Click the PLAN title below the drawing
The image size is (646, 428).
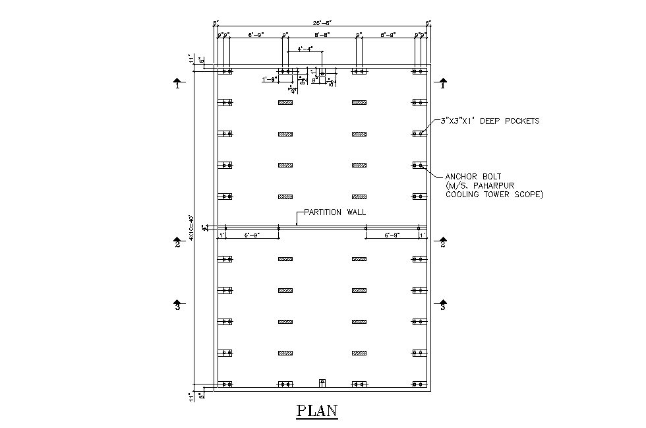tap(318, 410)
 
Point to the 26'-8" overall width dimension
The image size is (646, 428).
tap(322, 23)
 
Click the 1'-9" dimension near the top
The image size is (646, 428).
tap(269, 79)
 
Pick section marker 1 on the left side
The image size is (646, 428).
tap(177, 84)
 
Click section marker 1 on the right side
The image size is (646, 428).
tap(443, 84)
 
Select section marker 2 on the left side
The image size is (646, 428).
tap(177, 243)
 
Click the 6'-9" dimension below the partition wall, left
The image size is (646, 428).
tap(251, 235)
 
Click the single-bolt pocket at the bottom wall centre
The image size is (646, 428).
tap(322, 382)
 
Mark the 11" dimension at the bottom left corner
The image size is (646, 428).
tap(191, 398)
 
